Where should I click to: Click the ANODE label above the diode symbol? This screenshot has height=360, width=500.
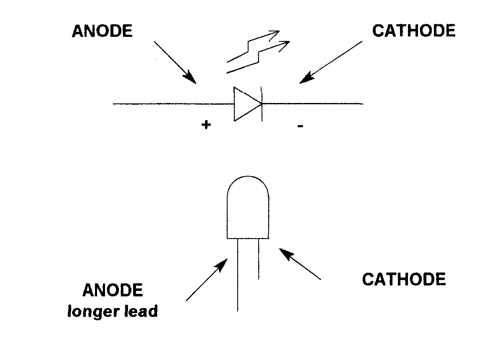(102, 31)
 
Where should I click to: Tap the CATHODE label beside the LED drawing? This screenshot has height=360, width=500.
(403, 279)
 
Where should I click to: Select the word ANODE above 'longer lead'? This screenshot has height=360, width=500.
(113, 290)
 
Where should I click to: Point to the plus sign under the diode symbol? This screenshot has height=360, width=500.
(205, 124)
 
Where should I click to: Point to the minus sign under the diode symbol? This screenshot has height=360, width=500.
(300, 125)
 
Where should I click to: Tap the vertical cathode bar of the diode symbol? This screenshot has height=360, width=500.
(262, 104)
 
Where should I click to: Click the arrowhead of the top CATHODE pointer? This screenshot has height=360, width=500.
(307, 77)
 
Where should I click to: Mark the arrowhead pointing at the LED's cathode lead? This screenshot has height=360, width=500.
(285, 253)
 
